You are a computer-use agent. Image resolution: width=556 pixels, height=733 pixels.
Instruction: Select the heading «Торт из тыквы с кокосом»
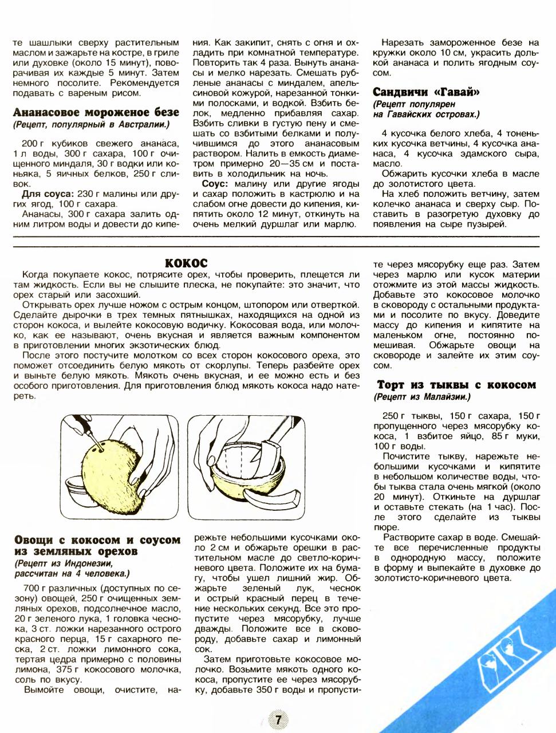pyautogui.click(x=456, y=384)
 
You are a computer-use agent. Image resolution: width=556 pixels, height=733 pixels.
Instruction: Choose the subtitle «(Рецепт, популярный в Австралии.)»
pyautogui.click(x=91, y=124)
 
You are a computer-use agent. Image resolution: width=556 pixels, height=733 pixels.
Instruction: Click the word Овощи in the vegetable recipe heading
pyautogui.click(x=35, y=539)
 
